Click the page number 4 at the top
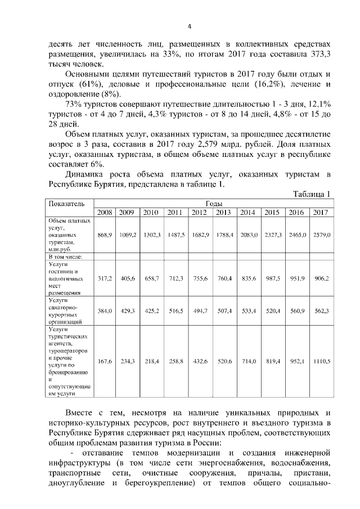click(x=189, y=27)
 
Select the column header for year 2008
click(x=105, y=212)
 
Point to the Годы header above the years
click(x=213, y=203)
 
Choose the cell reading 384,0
click(x=105, y=310)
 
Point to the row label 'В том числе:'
click(x=66, y=256)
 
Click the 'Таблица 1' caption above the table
click(x=311, y=194)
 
